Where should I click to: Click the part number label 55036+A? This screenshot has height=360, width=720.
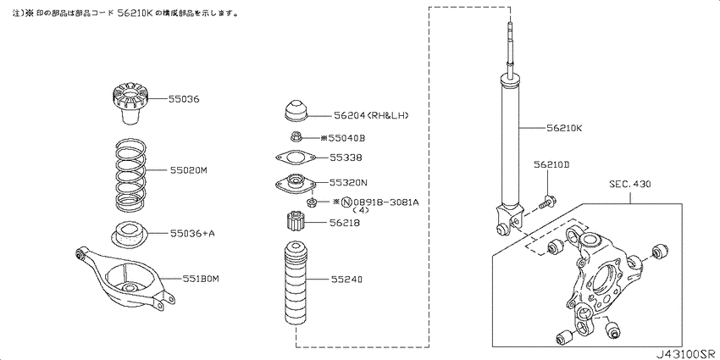(192, 234)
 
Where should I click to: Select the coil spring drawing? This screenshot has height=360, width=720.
(130, 173)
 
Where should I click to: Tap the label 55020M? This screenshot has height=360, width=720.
(189, 170)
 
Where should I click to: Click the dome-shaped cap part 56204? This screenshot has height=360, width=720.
(295, 112)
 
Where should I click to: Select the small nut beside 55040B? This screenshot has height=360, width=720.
(296, 136)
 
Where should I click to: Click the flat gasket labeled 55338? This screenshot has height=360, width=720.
(296, 158)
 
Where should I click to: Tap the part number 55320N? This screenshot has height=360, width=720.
(348, 182)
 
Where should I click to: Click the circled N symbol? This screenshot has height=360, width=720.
(346, 202)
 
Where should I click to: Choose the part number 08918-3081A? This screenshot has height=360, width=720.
(385, 202)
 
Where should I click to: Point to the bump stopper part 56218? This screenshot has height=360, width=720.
(296, 222)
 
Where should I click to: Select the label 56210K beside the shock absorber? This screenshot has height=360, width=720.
(564, 128)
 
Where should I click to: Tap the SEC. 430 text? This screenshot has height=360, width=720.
(629, 184)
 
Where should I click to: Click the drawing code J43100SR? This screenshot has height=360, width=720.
(686, 354)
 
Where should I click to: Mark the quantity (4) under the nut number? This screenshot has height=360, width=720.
(361, 210)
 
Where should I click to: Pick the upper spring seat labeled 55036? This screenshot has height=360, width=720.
(130, 102)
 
